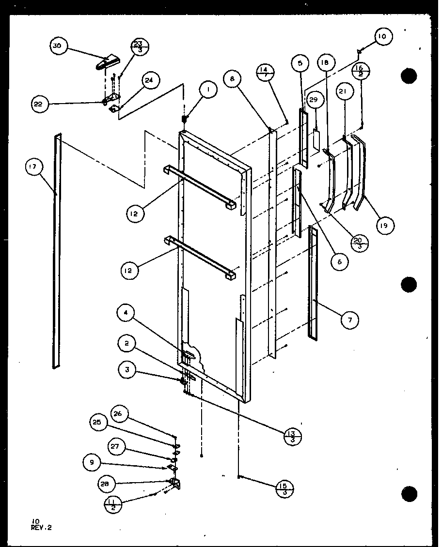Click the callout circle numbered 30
coord(58,46)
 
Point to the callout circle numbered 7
coord(349,319)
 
